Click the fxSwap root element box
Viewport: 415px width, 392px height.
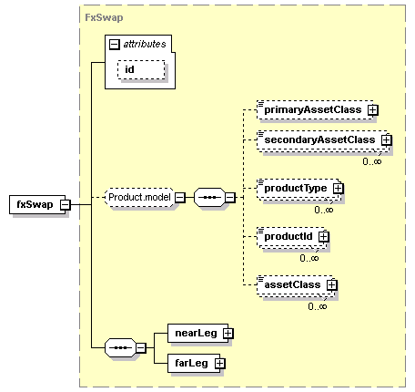[37, 204]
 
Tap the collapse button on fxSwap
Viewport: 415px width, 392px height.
[65, 205]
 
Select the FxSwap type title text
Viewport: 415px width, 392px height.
[104, 17]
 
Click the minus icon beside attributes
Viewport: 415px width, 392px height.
[115, 45]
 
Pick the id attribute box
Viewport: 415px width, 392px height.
[141, 69]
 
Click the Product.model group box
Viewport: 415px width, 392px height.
[139, 198]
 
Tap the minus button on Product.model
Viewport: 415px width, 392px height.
[180, 198]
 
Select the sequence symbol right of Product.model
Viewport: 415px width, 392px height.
[209, 198]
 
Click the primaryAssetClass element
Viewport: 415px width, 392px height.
[315, 109]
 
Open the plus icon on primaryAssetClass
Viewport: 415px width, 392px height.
[373, 110]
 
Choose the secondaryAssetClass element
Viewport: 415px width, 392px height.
[322, 140]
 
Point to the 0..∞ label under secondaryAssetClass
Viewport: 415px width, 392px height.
[372, 161]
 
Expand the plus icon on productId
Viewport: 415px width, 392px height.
[324, 236]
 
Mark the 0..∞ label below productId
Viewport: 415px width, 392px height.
[309, 258]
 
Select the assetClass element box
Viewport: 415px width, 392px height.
[295, 285]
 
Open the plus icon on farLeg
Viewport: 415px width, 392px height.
[220, 363]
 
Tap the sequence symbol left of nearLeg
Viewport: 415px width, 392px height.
[120, 347]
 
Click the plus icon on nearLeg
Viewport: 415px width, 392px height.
[228, 334]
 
